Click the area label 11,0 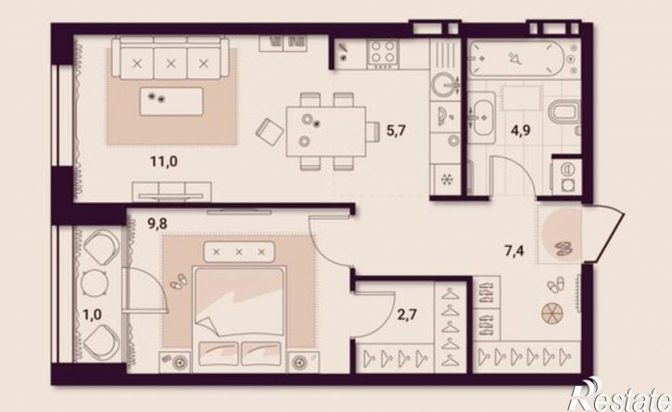164,161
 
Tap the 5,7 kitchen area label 396,130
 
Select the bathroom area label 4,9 520,129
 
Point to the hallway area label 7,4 514,251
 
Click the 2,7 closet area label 407,315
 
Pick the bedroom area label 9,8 158,224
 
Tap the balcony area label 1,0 92,315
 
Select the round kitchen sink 444,85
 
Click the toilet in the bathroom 564,111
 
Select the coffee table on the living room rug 171,101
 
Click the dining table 326,132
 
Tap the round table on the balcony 93,283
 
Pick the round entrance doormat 562,234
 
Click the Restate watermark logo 619,394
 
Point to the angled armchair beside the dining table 269,131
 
